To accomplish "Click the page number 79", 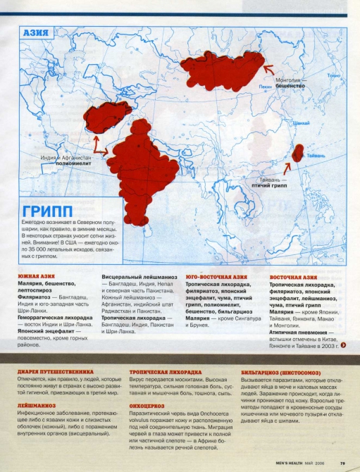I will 342,463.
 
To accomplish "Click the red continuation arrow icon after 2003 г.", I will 343,344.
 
